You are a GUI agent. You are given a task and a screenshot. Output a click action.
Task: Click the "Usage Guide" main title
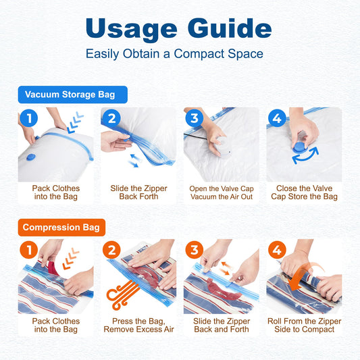coord(178,29)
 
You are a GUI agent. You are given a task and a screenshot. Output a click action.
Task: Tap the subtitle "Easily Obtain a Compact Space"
coord(174,54)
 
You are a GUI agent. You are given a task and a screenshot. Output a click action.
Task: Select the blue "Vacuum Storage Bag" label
coord(72,95)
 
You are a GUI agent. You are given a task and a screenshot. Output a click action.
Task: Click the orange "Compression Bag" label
coord(61,228)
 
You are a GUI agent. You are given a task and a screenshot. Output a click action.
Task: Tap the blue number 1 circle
coord(29,118)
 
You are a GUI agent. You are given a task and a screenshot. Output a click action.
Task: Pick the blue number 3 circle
coord(195,118)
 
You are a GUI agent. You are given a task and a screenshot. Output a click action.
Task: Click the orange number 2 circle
coord(111,250)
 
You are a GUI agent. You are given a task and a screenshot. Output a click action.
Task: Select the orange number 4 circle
coord(277,250)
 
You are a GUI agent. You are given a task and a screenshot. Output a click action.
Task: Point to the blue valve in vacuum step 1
coord(31,157)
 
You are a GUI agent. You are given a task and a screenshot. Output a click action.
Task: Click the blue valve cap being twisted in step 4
coord(299,147)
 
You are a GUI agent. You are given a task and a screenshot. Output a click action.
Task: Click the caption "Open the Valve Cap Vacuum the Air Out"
coord(222,192)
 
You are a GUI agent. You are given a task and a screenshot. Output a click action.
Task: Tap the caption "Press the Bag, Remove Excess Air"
coord(138,325)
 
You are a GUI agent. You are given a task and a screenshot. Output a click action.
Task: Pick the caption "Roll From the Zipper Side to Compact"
coord(304,325)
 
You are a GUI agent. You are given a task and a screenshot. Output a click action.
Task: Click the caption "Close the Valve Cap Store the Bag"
coord(304,192)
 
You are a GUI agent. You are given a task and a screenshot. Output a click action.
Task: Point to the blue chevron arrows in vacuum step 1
coord(75,122)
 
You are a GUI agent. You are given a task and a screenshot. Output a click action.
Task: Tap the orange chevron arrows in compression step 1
coord(71,259)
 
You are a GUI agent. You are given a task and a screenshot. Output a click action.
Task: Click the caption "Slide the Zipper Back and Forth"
coord(222,325)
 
